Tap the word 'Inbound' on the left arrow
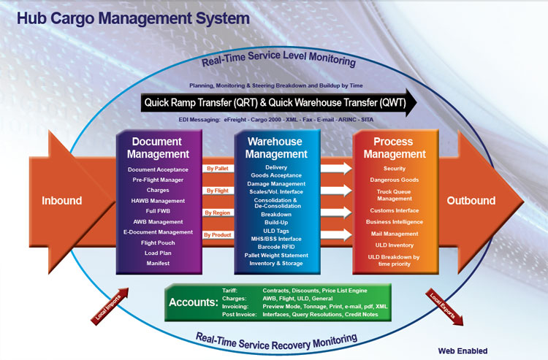(x=62, y=201)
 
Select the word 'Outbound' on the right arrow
(x=471, y=201)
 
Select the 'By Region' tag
(x=217, y=212)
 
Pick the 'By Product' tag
(x=218, y=234)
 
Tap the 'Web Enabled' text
(x=462, y=351)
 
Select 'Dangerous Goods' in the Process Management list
(x=394, y=180)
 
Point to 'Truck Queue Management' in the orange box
(x=394, y=195)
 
